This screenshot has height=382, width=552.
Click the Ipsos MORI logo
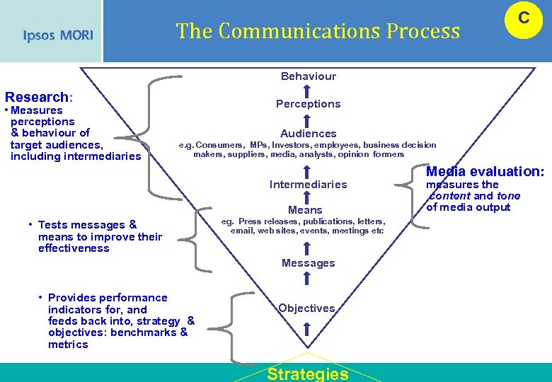tap(57, 35)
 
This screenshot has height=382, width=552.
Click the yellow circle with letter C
tap(523, 19)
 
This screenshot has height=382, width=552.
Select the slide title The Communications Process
tap(318, 31)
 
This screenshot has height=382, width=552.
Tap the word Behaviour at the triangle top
tap(308, 76)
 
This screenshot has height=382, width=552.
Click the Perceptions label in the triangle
tap(308, 104)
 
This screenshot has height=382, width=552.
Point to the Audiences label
tap(308, 134)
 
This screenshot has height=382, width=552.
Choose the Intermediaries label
tap(308, 185)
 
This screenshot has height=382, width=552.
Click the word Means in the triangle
tap(305, 210)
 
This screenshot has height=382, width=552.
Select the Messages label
tap(308, 263)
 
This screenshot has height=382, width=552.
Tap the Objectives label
tap(306, 308)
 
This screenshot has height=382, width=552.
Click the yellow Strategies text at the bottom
tap(307, 374)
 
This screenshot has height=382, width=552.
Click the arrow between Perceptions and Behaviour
tap(307, 91)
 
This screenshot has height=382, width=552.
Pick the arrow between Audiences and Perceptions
tap(307, 120)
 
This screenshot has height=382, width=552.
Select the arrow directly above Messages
tap(307, 248)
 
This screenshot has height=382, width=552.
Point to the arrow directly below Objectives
tap(307, 328)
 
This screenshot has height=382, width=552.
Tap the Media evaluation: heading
tap(485, 171)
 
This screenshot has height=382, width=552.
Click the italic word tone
tap(508, 196)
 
